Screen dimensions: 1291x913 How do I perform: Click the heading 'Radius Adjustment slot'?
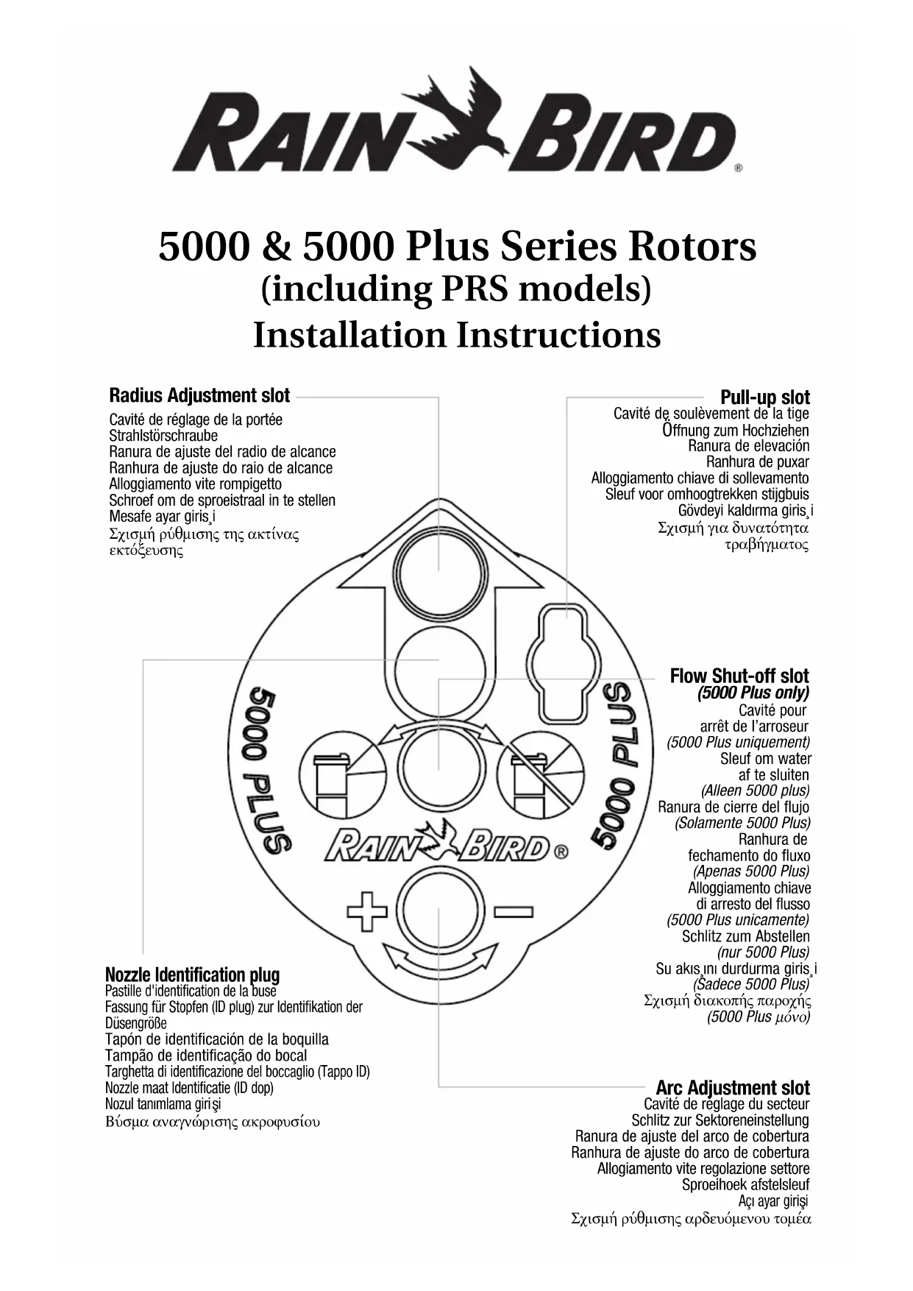pos(199,395)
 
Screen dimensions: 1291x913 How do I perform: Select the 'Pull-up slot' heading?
pos(764,397)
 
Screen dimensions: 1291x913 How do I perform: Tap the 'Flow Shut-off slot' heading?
pos(739,676)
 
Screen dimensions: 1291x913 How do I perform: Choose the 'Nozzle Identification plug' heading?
pos(192,975)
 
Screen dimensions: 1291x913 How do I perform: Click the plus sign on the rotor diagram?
pos(367,913)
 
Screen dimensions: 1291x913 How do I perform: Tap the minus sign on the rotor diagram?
pos(514,913)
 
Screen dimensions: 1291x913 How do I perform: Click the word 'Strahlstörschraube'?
pos(163,436)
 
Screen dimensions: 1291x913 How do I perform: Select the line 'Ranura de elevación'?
pos(748,446)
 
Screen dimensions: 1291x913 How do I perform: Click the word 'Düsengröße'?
pos(136,1024)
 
